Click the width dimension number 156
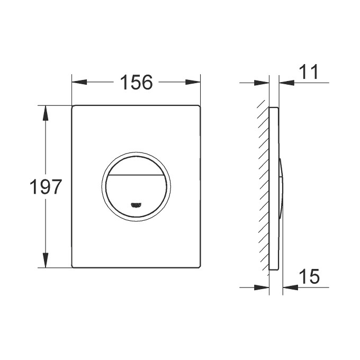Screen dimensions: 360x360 pos(136,82)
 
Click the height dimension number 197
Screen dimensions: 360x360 pos(45,187)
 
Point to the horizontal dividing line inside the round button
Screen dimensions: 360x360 pos(136,174)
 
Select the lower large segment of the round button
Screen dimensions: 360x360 pos(136,191)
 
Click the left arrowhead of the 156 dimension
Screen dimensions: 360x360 pos(79,82)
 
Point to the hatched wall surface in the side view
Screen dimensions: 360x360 pos(263,185)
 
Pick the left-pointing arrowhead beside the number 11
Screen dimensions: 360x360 pos(286,82)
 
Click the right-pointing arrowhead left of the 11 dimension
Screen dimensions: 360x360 pos(263,82)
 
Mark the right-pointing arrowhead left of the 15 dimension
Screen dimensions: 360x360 pos(262,287)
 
